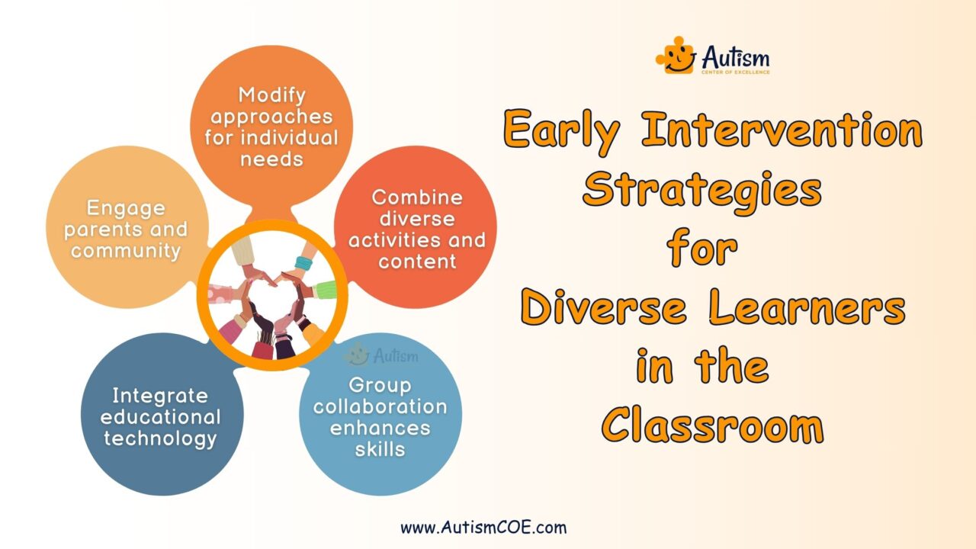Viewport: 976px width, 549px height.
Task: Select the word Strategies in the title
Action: click(x=702, y=190)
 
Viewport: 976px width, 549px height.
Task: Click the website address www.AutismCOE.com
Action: click(x=483, y=527)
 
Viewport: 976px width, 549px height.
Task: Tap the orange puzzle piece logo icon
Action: click(x=676, y=56)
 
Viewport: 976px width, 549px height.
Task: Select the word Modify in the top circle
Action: click(x=271, y=95)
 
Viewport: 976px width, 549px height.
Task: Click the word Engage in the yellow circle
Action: click(x=126, y=208)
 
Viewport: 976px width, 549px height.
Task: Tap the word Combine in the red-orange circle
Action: click(x=416, y=197)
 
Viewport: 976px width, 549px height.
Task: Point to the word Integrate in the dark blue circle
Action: click(x=160, y=396)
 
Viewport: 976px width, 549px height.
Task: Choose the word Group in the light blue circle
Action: click(x=380, y=384)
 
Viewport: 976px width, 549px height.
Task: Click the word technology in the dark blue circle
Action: click(x=160, y=438)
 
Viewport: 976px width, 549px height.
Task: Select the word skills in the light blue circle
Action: click(x=380, y=448)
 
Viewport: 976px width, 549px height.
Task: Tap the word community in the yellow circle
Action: click(x=126, y=250)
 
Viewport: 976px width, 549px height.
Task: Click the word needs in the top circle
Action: click(x=271, y=159)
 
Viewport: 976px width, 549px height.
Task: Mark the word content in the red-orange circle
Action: click(x=416, y=261)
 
